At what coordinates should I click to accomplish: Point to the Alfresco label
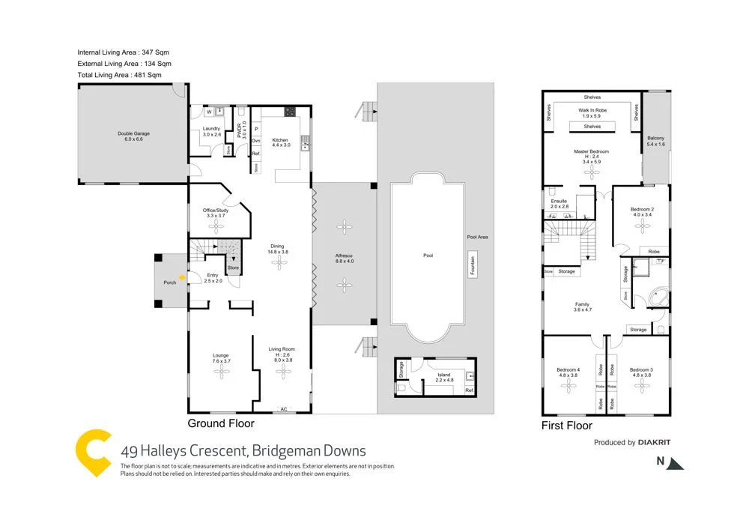[344, 258]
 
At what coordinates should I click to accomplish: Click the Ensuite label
[560, 202]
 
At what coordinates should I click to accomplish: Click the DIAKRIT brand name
[654, 443]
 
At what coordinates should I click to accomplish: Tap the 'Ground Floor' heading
[221, 423]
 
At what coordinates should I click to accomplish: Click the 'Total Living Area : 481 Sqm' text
[119, 75]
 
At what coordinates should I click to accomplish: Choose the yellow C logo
[94, 454]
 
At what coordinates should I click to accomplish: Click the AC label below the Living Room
[282, 409]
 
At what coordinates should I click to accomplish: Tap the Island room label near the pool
[446, 375]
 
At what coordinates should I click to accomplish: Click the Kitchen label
[280, 140]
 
